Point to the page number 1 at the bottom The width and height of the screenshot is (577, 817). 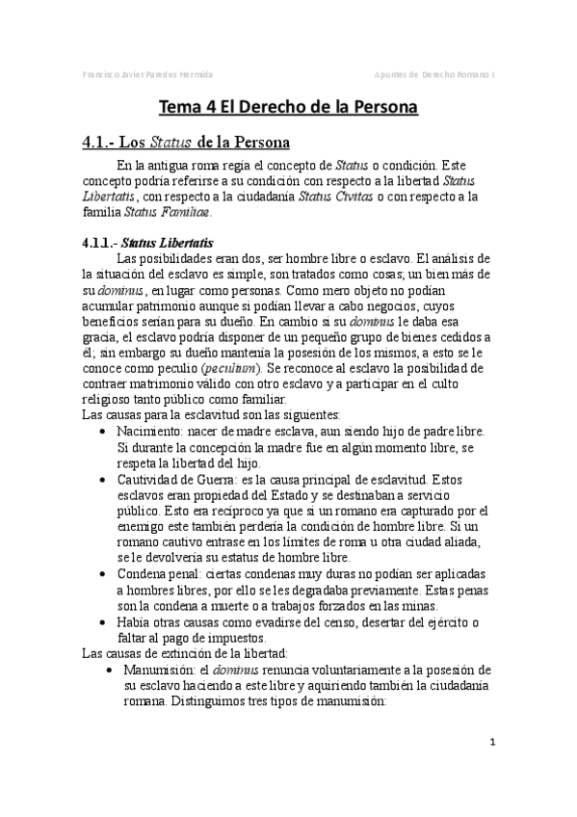coord(492,742)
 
